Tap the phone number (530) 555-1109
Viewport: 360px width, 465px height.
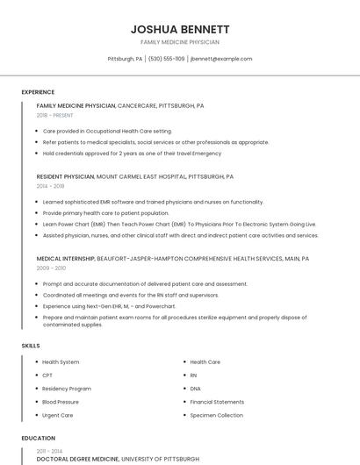tap(167, 59)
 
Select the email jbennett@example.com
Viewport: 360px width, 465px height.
tap(221, 59)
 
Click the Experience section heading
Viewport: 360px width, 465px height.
tap(38, 92)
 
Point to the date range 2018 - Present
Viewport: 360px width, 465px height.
tap(55, 115)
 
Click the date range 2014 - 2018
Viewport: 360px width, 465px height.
tap(51, 186)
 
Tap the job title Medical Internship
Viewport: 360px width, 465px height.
tap(65, 259)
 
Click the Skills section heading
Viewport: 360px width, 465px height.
tap(31, 346)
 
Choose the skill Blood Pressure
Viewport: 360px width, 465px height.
tap(61, 402)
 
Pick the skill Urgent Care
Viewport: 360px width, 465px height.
tap(58, 415)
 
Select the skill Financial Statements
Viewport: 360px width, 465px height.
tap(217, 402)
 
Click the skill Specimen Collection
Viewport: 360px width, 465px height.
tap(216, 415)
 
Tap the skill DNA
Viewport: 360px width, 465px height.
tap(195, 388)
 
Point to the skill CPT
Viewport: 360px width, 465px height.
tap(47, 375)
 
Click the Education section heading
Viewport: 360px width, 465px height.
tap(38, 438)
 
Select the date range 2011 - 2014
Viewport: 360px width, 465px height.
tap(49, 450)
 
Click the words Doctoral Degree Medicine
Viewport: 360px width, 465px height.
tap(74, 459)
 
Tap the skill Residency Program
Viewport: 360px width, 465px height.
tap(67, 388)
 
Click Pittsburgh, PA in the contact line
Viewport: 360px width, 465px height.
tap(125, 59)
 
